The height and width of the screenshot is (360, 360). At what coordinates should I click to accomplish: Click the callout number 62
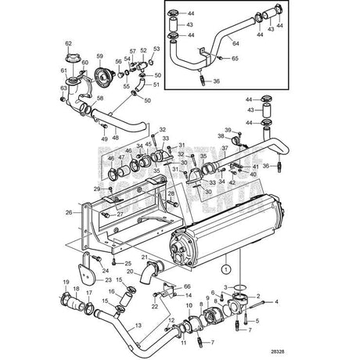pyautogui.click(x=67, y=42)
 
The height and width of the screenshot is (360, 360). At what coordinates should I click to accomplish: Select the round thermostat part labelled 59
pyautogui.click(x=100, y=77)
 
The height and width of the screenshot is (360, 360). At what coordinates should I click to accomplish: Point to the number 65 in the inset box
pyautogui.click(x=236, y=67)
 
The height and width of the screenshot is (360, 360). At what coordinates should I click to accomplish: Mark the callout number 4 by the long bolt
pyautogui.click(x=275, y=301)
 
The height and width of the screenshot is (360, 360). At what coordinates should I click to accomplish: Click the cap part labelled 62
pyautogui.click(x=69, y=55)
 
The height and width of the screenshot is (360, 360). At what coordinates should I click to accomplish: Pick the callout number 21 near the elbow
pyautogui.click(x=145, y=257)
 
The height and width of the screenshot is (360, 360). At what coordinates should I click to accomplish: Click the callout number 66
pyautogui.click(x=186, y=287)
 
